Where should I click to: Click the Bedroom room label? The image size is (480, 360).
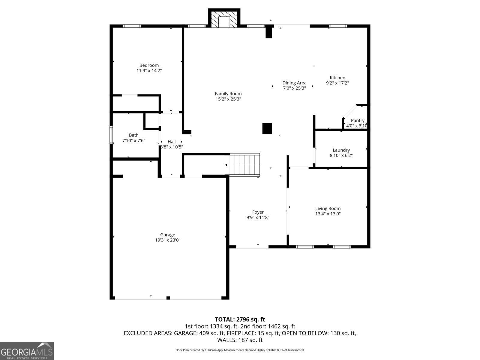coord(149,65)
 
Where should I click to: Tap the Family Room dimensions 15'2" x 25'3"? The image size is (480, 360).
coord(228,99)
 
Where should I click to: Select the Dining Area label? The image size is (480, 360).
coord(294,83)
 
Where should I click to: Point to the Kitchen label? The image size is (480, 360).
coord(337,78)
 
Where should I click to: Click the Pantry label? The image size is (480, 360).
coord(358,121)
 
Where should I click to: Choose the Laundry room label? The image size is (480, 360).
coord(341,150)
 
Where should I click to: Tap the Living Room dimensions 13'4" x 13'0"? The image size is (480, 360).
coord(328,214)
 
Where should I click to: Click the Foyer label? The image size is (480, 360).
coord(258,212)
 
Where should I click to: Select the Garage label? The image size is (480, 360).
coord(167,235)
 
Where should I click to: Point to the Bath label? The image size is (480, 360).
coord(133,135)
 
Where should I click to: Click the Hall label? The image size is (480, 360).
coord(172,142)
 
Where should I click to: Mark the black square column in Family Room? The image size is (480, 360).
coord(267,128)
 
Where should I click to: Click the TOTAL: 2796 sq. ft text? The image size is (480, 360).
coord(240,319)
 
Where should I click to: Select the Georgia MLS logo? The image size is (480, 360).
coord(27,351)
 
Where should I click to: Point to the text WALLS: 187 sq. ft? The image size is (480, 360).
coord(240,340)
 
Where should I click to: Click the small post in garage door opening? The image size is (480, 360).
coord(168,298)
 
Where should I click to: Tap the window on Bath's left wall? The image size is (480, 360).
coord(111,135)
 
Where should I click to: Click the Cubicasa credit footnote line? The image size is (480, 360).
coord(240,350)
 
